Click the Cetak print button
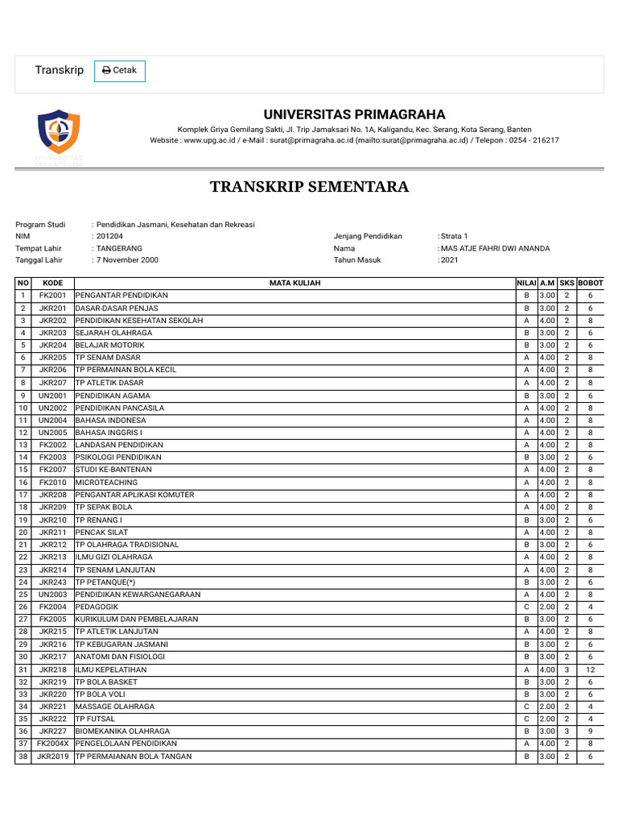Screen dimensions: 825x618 click(x=120, y=71)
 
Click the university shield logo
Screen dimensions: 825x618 click(x=59, y=132)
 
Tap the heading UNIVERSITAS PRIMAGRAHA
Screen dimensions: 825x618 click(x=355, y=114)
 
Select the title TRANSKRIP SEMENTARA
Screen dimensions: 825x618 click(x=309, y=187)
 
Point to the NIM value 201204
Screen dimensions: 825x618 click(x=110, y=236)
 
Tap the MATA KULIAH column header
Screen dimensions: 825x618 click(x=295, y=284)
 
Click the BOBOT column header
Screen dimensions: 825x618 click(x=591, y=284)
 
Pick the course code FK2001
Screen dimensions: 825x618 click(x=53, y=296)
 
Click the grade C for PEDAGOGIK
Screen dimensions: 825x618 click(x=526, y=607)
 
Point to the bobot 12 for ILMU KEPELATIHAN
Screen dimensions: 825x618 click(x=591, y=669)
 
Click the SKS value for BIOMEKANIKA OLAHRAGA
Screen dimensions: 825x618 click(x=566, y=731)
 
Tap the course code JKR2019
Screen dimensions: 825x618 click(x=53, y=756)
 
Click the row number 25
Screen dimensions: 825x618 click(x=23, y=594)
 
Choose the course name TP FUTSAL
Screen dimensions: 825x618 click(x=95, y=719)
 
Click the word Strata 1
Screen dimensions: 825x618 click(x=453, y=236)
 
